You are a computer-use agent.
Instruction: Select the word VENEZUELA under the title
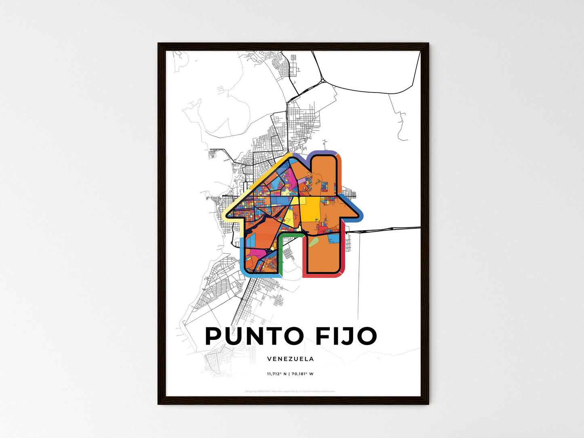[x=291, y=359]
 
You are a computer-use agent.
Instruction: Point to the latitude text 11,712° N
[x=276, y=374]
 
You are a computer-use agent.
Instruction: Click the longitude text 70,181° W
[x=302, y=374]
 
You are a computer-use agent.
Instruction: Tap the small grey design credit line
[x=290, y=391]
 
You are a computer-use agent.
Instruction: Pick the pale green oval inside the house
[x=314, y=242]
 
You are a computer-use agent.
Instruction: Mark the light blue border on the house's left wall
[x=242, y=257]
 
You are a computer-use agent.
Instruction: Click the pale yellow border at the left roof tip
[x=229, y=214]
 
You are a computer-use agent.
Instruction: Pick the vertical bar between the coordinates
[x=289, y=374]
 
